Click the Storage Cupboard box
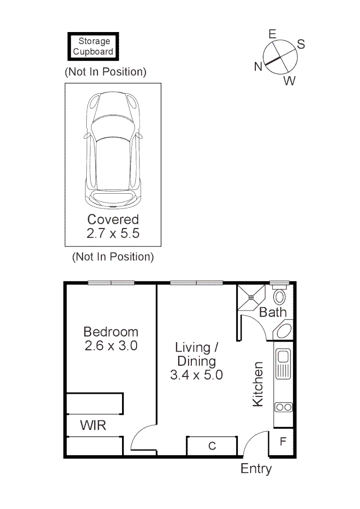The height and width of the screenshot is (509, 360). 93,46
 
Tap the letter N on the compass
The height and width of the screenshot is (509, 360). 258,67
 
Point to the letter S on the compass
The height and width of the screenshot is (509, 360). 301,45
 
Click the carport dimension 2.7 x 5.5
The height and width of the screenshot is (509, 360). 113,233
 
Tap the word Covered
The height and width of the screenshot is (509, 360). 113,220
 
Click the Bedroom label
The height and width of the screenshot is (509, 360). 111,332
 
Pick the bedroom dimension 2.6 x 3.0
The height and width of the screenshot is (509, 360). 111,345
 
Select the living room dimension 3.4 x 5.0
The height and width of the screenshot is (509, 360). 196,375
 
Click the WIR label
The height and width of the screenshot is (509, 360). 93,426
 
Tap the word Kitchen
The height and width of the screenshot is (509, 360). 258,384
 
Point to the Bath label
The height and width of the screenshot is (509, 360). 273,312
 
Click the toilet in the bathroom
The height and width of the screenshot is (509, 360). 279,296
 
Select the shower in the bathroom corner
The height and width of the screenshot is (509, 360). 251,297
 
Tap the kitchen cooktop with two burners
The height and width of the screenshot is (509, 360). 283,407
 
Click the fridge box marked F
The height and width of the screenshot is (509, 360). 283,442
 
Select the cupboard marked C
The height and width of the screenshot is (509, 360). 212,446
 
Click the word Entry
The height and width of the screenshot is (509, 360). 256,469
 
